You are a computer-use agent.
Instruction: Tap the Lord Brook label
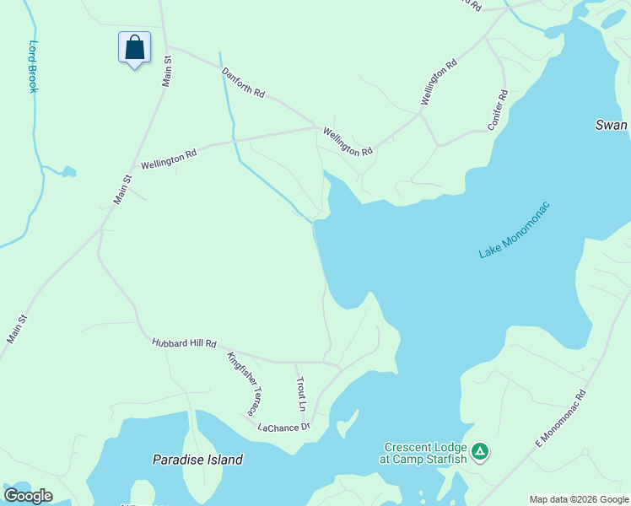(34, 67)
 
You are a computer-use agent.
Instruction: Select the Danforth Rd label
(243, 84)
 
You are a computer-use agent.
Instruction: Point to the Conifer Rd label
(498, 110)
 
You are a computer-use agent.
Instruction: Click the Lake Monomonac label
(514, 229)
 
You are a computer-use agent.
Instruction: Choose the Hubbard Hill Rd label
(185, 343)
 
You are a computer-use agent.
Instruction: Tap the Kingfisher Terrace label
(241, 384)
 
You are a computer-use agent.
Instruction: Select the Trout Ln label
(300, 393)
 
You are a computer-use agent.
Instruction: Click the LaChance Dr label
(284, 428)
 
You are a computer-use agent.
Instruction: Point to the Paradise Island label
(197, 460)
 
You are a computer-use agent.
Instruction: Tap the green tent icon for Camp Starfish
(480, 452)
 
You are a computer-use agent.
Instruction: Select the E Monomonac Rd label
(560, 419)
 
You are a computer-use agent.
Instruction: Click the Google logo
(28, 496)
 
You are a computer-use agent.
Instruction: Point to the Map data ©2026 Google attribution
(579, 499)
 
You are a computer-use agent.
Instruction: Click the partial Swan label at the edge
(612, 125)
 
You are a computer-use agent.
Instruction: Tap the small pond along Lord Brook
(67, 172)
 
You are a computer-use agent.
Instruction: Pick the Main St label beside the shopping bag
(167, 71)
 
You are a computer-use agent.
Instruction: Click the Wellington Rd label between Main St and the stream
(169, 158)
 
